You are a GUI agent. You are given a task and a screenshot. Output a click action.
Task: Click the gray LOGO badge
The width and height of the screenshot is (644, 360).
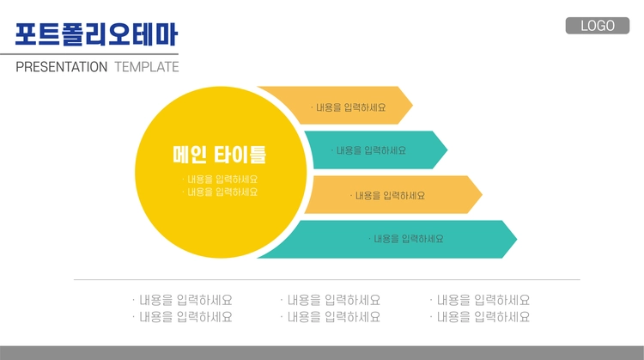[597, 26]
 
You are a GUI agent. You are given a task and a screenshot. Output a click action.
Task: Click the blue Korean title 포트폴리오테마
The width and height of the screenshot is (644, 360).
[96, 34]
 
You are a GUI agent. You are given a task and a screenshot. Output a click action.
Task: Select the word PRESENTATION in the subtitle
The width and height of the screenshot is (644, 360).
[62, 66]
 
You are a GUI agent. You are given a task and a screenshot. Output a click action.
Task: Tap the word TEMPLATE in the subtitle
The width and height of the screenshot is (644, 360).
[147, 66]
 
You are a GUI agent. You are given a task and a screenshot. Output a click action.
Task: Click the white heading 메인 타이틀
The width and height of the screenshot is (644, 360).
[219, 155]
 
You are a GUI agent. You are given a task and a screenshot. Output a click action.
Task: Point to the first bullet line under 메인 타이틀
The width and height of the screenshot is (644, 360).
[220, 180]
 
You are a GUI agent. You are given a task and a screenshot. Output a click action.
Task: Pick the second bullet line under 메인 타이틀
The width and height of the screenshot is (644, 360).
[220, 192]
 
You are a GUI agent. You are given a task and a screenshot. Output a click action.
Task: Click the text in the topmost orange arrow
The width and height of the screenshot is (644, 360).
[349, 107]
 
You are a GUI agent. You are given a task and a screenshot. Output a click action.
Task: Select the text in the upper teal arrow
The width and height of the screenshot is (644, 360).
[368, 150]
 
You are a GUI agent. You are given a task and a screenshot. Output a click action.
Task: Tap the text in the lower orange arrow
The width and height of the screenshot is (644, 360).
[387, 196]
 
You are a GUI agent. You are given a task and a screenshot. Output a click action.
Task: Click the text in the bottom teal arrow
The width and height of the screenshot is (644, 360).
[406, 239]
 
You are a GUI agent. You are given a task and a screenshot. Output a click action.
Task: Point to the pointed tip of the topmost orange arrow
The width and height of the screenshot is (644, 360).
[412, 105]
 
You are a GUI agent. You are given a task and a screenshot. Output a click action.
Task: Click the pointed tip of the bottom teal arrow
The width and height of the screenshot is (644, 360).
[517, 239]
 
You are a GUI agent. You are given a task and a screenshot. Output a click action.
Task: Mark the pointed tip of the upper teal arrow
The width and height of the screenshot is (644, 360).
[447, 150]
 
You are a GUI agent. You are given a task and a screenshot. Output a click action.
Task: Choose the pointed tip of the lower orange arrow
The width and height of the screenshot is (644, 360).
[483, 195]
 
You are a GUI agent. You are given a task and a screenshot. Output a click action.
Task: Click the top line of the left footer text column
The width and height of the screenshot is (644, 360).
[182, 300]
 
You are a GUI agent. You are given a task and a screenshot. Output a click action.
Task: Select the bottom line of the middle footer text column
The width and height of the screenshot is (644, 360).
[331, 317]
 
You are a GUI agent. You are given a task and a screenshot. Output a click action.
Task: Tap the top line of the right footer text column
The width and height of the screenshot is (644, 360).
[480, 300]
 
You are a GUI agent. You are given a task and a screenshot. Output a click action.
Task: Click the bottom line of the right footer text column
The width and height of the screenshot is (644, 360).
[480, 317]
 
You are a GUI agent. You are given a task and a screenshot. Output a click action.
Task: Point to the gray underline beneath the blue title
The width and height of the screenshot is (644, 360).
[89, 54]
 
